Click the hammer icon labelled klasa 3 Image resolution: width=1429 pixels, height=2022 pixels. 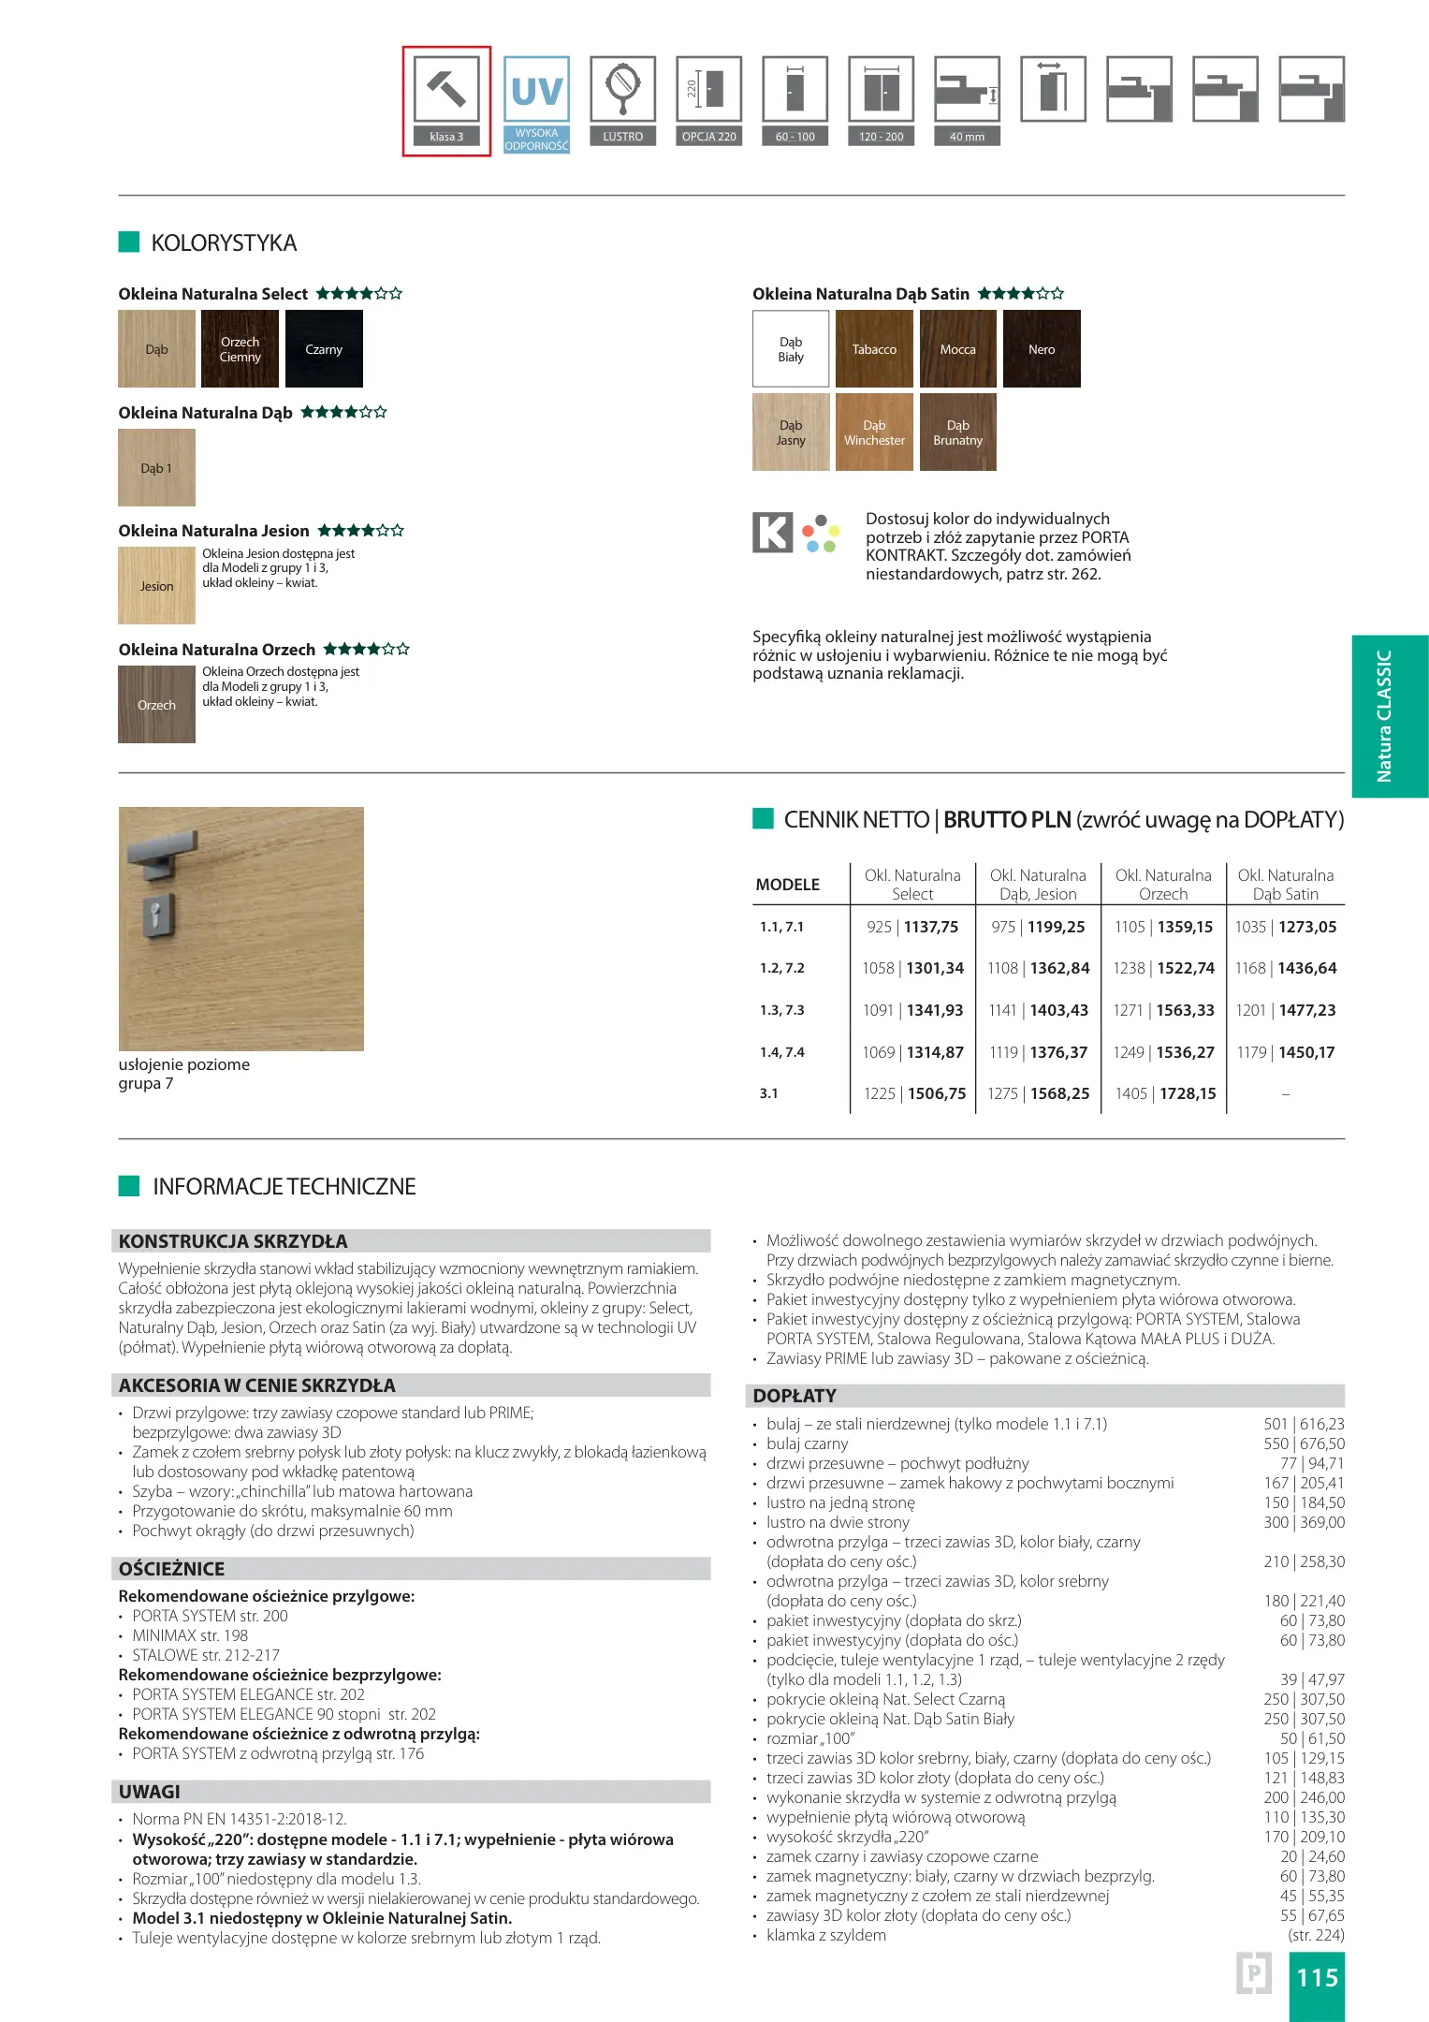(446, 90)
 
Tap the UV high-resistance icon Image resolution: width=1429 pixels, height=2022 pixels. (536, 92)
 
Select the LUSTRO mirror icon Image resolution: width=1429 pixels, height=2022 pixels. (622, 90)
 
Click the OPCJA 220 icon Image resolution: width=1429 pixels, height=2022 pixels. (709, 90)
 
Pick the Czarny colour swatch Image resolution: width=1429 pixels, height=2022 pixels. (324, 349)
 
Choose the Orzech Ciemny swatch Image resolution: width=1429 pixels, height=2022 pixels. (240, 349)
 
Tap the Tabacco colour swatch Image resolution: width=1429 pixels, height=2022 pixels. (874, 349)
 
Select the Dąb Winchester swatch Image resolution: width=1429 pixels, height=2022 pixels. (874, 432)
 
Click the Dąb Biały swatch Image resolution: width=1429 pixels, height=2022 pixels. (791, 349)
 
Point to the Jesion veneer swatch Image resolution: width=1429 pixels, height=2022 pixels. (156, 586)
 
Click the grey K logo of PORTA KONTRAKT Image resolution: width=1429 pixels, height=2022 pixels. (773, 533)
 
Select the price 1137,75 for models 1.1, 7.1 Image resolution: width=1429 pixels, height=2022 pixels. (931, 927)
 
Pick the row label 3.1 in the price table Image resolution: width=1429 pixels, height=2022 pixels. (769, 1093)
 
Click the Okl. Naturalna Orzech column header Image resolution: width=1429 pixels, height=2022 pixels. (1163, 885)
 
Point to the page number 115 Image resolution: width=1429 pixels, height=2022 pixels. (1317, 1977)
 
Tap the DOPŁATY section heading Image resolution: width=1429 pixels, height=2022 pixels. (795, 1396)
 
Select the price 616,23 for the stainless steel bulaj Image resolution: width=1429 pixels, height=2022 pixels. (1322, 1424)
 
